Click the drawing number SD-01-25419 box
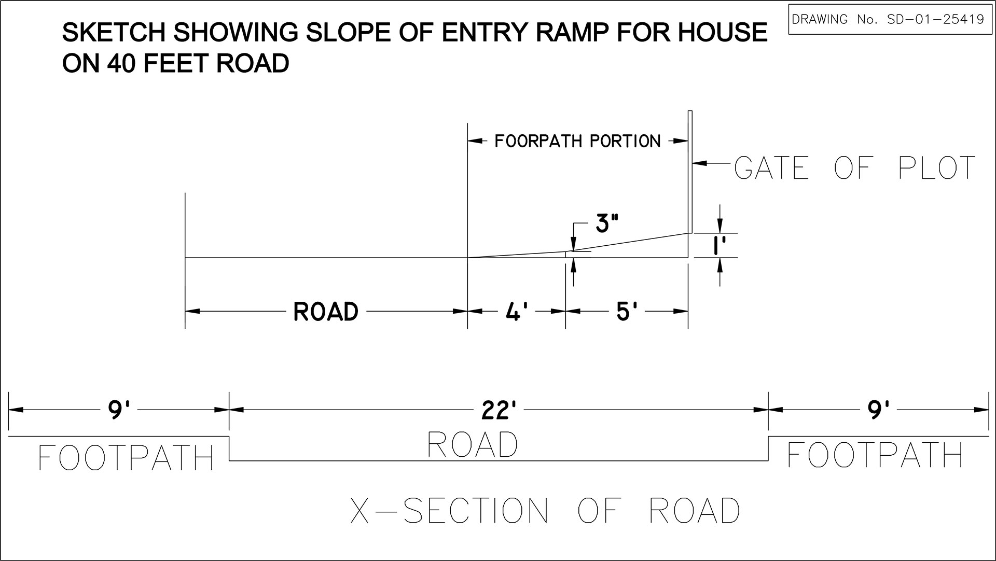click(888, 19)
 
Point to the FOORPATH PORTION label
click(577, 141)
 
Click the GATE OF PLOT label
click(855, 167)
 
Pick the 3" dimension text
click(607, 224)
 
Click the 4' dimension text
click(516, 312)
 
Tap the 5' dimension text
click(627, 312)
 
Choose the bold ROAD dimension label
click(326, 312)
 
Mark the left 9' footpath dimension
click(118, 410)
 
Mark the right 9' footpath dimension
click(878, 410)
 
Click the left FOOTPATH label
click(127, 457)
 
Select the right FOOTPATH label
click(876, 454)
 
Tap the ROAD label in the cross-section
click(473, 445)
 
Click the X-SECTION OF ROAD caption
click(545, 510)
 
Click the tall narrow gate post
click(690, 172)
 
